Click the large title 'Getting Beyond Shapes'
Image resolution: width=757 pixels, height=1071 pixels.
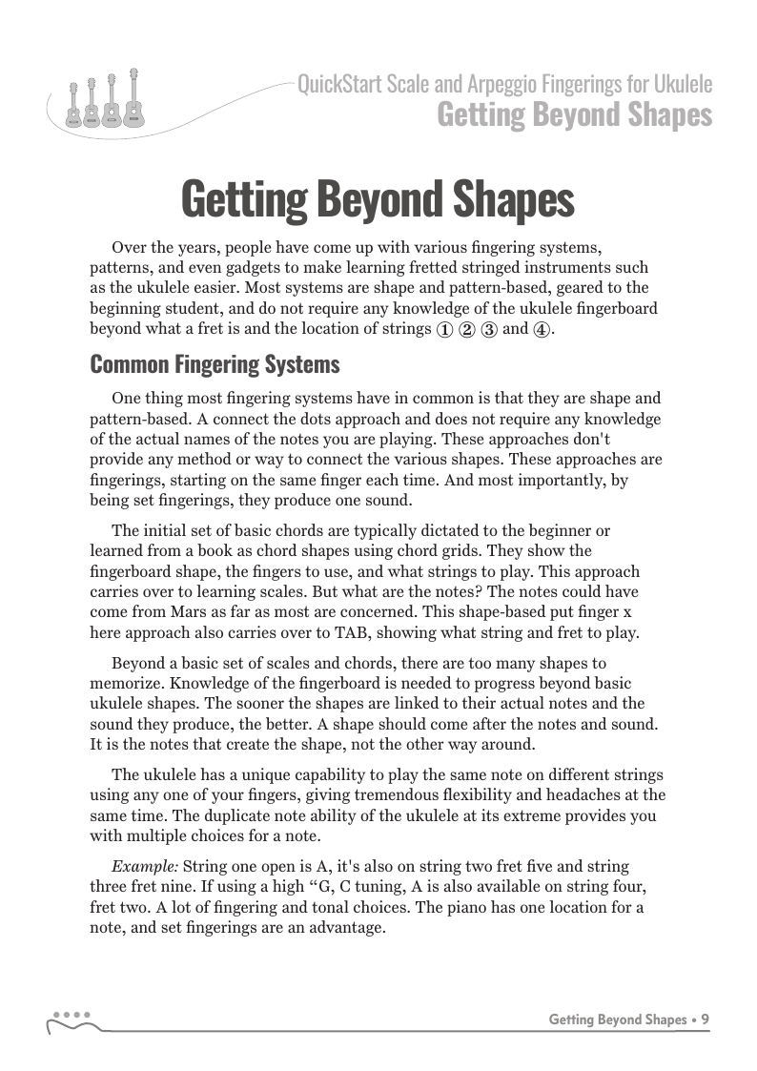coord(378,200)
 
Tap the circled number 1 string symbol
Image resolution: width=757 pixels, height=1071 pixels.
coord(443,331)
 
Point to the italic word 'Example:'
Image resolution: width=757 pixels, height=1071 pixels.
coord(145,866)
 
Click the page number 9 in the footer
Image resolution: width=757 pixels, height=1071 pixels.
coord(705,1020)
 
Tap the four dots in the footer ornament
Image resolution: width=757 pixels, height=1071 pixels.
coord(72,1015)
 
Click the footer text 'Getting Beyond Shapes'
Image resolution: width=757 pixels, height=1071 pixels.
coord(617,1020)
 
